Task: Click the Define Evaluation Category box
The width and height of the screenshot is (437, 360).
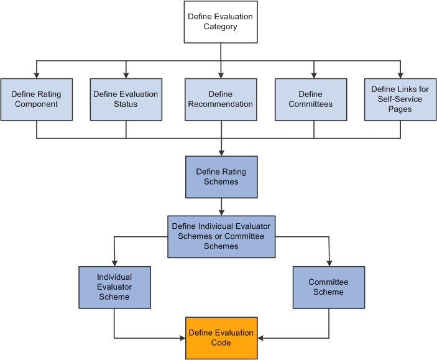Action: point(221,22)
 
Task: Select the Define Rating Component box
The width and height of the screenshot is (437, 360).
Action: point(36,99)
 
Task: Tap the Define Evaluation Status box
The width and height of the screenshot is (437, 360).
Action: point(126,99)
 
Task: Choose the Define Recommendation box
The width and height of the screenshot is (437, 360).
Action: point(221,99)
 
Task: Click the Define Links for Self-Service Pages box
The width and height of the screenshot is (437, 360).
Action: point(400,99)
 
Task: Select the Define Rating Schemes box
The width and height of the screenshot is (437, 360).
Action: point(221,177)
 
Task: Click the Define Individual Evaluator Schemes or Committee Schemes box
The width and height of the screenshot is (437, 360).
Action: point(221,237)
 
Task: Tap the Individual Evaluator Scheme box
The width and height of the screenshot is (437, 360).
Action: point(114,287)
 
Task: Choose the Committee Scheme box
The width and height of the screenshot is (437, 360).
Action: point(329,287)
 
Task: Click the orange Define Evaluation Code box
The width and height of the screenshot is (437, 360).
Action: point(221,338)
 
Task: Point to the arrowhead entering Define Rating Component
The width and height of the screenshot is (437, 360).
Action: point(36,75)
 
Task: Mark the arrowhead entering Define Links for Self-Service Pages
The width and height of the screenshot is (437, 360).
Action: point(400,75)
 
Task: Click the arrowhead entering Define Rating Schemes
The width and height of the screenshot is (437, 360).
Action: point(221,152)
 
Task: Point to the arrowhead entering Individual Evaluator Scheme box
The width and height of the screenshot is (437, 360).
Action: point(114,263)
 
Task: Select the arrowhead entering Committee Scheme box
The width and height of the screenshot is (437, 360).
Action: point(329,263)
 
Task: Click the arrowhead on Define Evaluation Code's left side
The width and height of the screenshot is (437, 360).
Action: point(182,338)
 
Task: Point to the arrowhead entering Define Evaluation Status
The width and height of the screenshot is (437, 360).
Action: point(126,75)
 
